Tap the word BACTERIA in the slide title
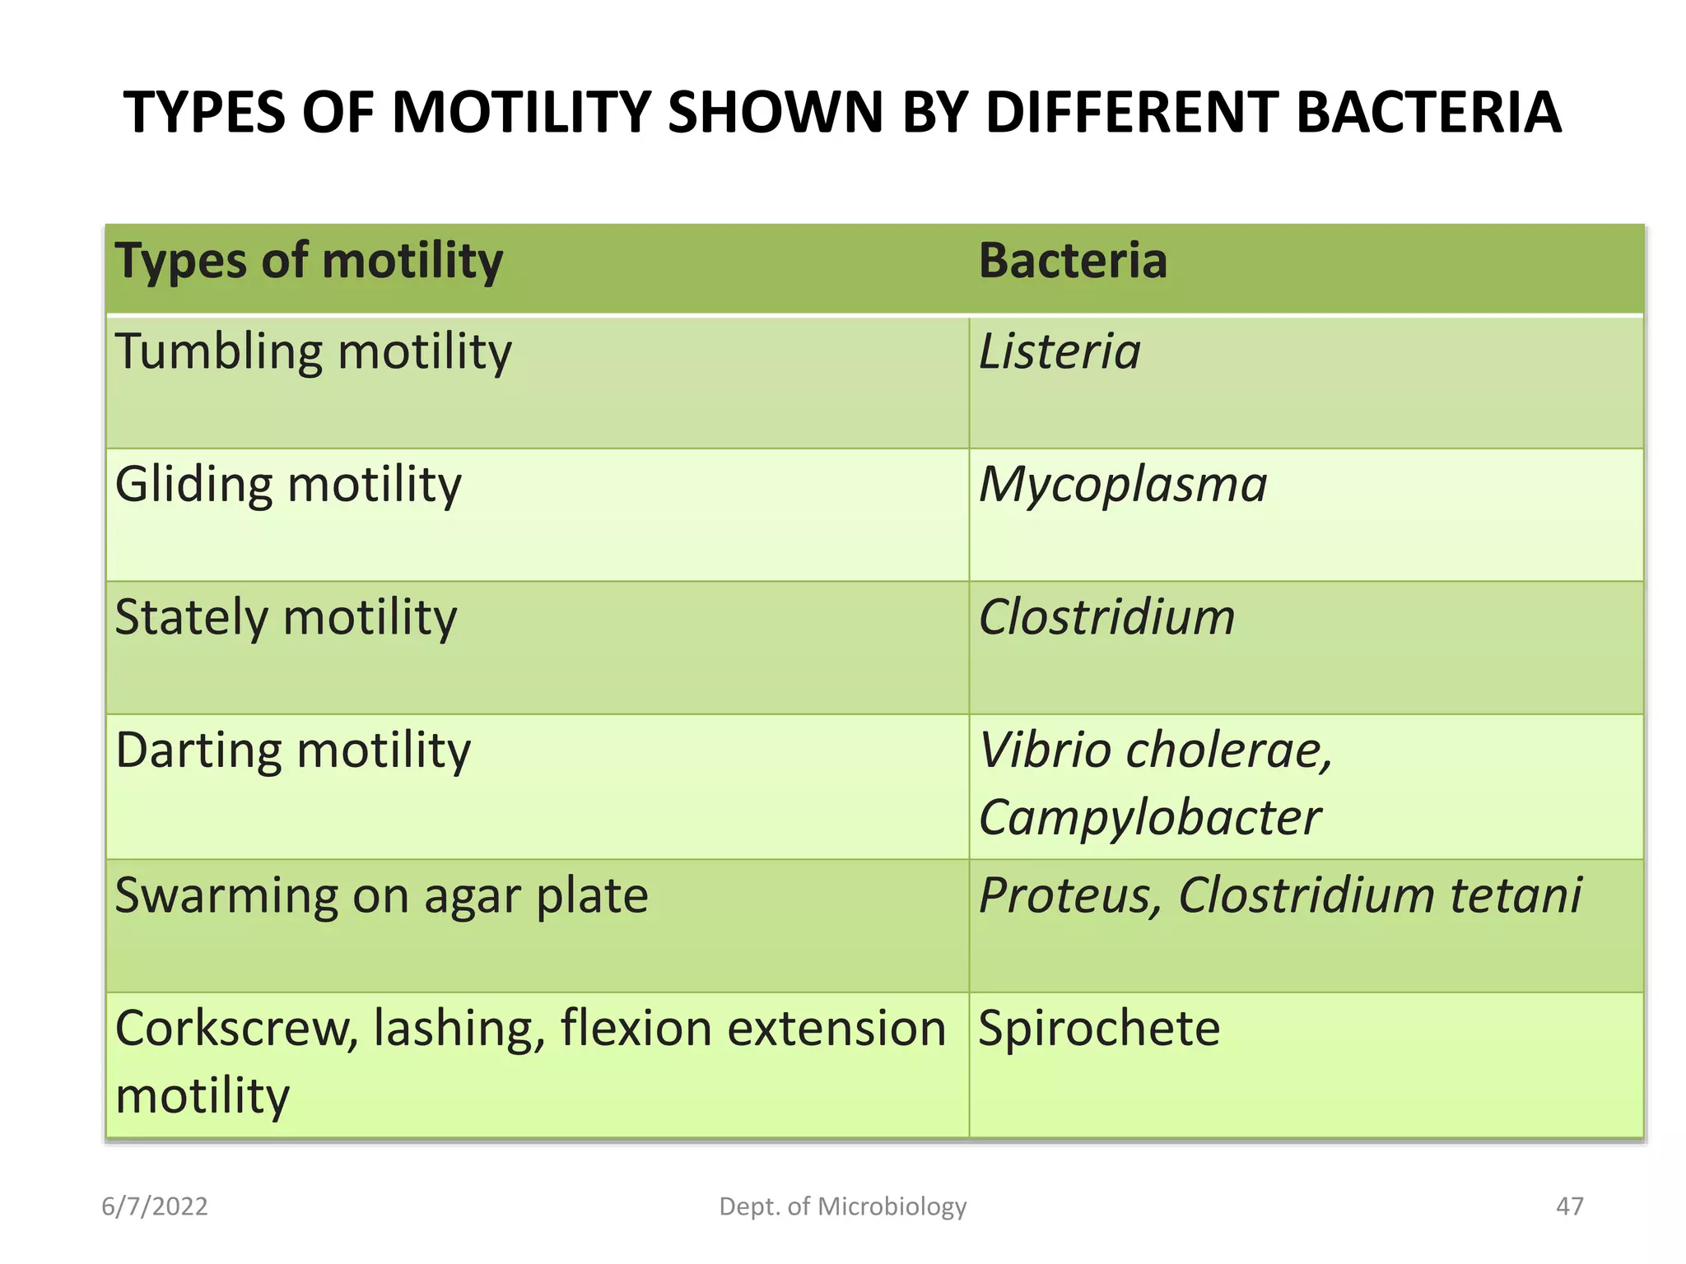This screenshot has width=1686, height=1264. point(1428,113)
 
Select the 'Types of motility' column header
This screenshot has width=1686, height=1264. point(309,262)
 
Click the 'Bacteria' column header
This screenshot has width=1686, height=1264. point(1073,262)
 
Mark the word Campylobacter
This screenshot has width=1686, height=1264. point(1149,818)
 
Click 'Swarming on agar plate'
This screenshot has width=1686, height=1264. point(381,896)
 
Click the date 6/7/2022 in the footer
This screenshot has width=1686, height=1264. point(155,1206)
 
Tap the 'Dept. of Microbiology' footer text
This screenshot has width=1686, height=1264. point(843,1206)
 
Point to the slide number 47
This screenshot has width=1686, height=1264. point(1569,1206)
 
